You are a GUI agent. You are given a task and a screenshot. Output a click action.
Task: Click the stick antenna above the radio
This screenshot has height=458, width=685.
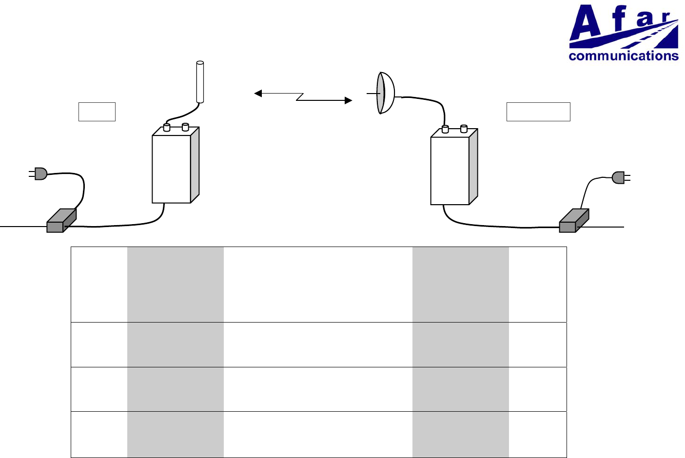coord(199,82)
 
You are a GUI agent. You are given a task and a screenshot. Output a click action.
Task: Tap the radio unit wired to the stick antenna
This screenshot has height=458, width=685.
coord(171,168)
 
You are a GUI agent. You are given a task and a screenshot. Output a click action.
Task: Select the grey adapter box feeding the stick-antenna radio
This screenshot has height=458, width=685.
coord(61,221)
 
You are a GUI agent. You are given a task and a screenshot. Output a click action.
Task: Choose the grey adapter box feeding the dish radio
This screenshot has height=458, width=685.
coord(573,221)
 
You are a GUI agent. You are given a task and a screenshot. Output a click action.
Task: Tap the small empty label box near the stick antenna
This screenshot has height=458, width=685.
coord(97,112)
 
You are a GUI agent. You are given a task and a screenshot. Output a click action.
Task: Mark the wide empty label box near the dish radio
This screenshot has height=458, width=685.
coord(538,112)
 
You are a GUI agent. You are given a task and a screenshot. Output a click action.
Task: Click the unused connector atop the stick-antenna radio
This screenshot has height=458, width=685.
coord(185,127)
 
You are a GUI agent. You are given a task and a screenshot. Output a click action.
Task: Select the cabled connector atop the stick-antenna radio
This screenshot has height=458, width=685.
coord(167,128)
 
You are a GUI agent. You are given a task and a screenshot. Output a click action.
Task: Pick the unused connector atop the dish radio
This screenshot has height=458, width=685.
coord(464,129)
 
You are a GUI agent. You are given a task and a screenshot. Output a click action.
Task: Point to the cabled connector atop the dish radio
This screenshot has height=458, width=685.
coord(445,129)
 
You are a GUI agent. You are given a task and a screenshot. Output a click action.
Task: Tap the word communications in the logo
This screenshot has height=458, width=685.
coord(623,56)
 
